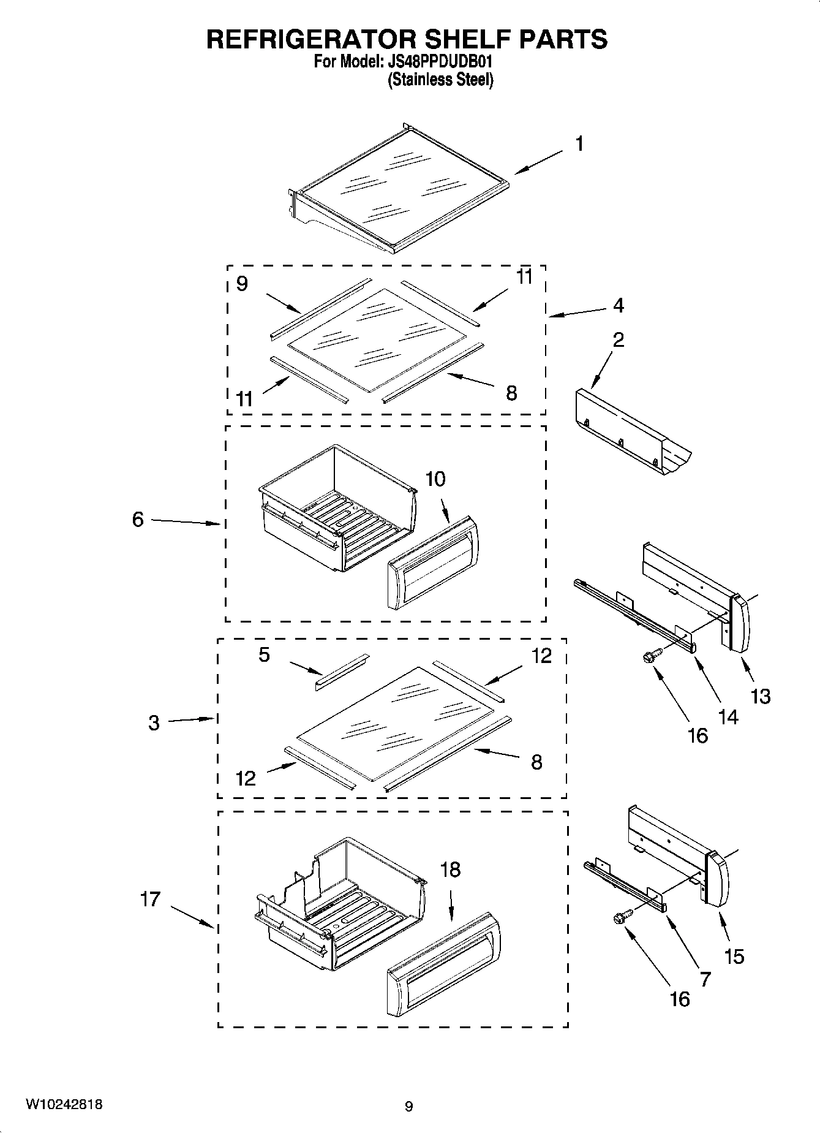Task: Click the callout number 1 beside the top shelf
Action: (579, 144)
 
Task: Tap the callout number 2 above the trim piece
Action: (619, 339)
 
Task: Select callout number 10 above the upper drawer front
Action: (435, 479)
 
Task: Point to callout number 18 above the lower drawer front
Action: (450, 870)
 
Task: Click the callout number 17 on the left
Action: (150, 899)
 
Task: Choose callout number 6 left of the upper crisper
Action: (138, 520)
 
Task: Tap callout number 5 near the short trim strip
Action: (264, 655)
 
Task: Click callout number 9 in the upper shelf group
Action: (242, 284)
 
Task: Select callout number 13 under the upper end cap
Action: (761, 696)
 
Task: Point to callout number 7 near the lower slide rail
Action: (705, 979)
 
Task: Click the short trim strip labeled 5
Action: (342, 672)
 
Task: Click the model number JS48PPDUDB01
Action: (440, 62)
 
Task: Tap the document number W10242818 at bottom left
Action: (64, 1105)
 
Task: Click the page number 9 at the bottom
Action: (408, 1107)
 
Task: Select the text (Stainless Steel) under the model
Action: (440, 80)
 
